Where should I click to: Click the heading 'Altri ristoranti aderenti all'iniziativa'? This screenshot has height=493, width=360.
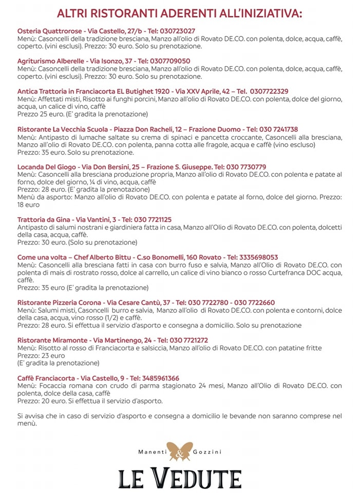180,13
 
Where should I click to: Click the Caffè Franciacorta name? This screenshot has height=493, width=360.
46,378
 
